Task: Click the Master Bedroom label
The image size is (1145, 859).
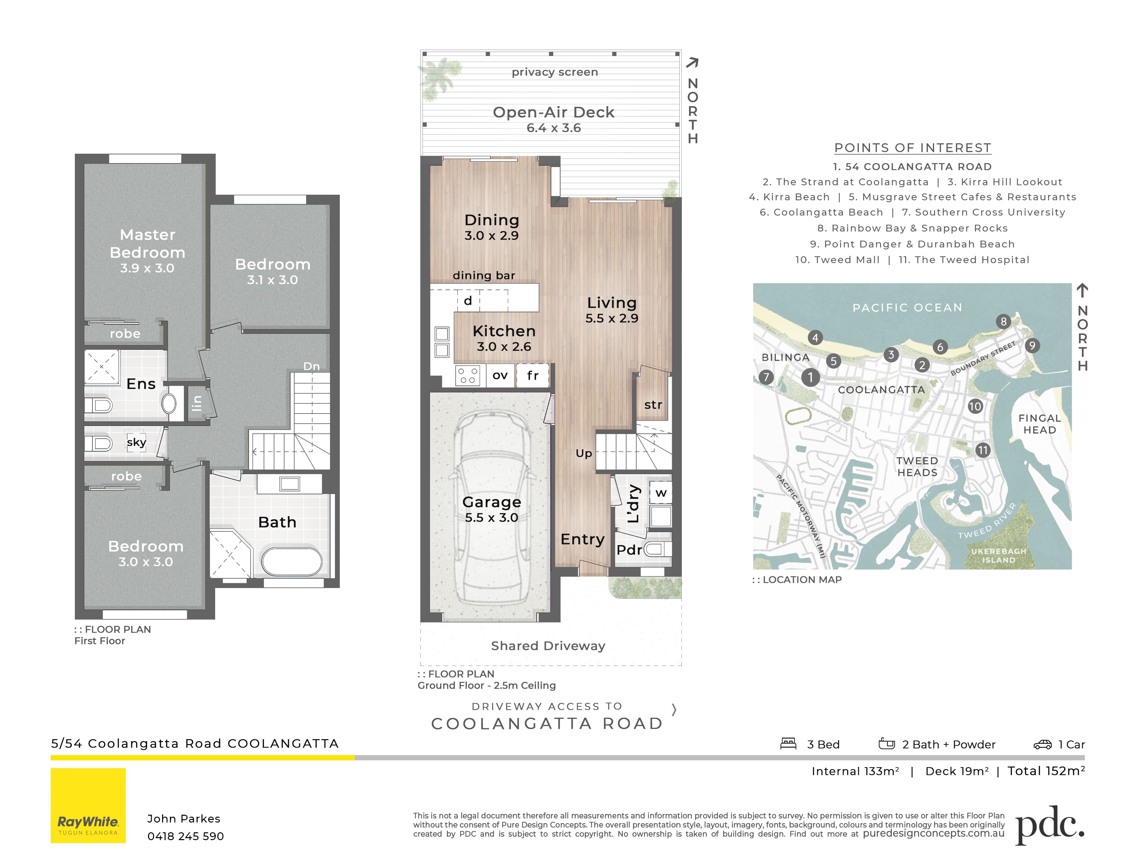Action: coord(147,243)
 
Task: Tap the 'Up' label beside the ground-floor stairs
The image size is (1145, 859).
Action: coord(584,454)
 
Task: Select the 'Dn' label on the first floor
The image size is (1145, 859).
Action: coord(311,366)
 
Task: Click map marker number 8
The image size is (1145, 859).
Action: coord(1003,321)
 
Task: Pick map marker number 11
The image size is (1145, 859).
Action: coord(983,450)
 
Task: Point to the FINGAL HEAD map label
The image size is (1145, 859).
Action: coord(1040,424)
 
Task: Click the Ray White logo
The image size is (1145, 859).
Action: coord(88,805)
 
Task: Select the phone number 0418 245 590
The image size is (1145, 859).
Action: coord(185,836)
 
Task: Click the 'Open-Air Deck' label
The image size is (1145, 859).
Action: coord(553,112)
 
